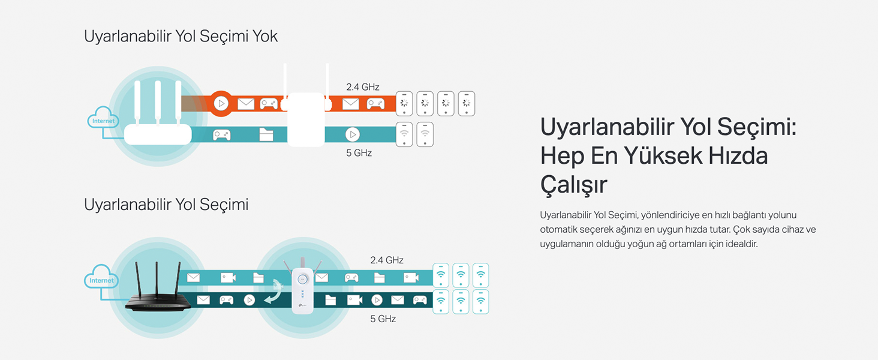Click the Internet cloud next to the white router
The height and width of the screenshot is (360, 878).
[103, 120]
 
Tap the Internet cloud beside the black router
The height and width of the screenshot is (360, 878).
[101, 280]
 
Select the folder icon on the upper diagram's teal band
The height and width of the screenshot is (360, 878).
[266, 134]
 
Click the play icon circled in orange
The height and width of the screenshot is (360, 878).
[221, 104]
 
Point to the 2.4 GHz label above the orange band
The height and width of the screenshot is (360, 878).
[363, 87]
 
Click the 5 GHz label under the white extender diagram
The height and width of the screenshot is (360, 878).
[359, 153]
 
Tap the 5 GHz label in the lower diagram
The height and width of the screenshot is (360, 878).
[383, 319]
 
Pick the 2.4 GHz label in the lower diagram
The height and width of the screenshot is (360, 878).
[387, 260]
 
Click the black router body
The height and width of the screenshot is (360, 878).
[158, 303]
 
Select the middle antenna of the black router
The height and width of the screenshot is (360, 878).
[157, 279]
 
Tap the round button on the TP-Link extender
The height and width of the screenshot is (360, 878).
[303, 279]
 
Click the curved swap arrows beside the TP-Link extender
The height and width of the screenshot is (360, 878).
[275, 291]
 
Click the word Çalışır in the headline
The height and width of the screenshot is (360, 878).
[574, 184]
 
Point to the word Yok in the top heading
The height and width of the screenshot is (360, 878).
[264, 36]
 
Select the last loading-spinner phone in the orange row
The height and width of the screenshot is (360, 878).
[467, 103]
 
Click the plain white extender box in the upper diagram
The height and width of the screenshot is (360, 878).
[306, 123]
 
